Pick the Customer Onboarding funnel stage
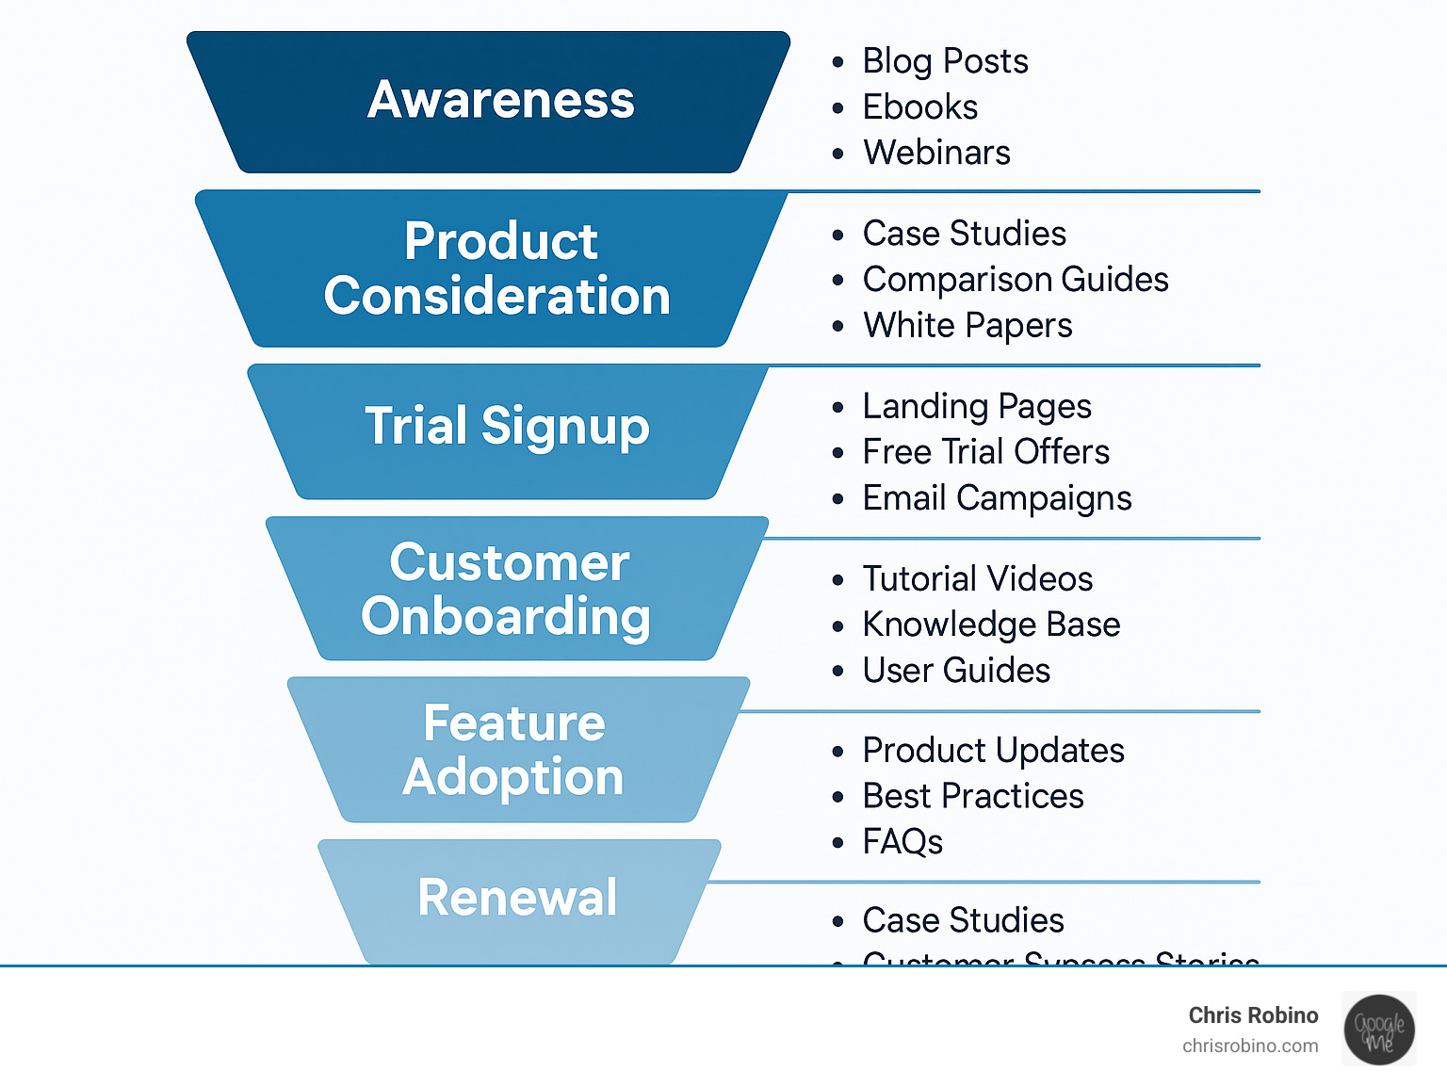509,589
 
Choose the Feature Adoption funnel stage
513,750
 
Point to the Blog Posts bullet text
945,61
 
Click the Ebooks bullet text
919,107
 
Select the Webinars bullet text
936,153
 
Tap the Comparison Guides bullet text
1016,280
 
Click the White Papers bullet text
967,326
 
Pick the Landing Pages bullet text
977,407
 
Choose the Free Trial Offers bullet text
985,452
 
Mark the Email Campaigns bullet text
997,498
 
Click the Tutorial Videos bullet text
978,579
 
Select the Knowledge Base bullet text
991,625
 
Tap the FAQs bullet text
902,842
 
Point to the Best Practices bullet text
973,797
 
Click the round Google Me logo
1378,1030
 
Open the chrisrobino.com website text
1250,1046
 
